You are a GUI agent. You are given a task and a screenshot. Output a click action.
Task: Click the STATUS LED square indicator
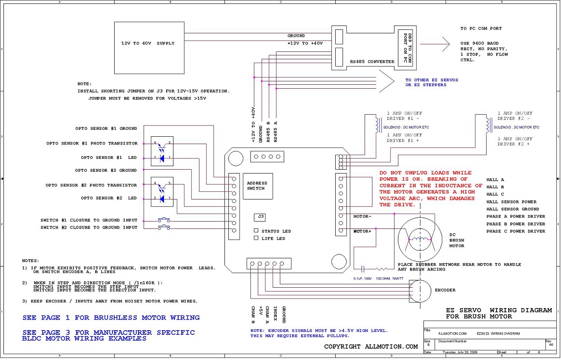pos(256,231)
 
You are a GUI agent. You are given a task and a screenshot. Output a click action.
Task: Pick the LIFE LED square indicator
pos(256,238)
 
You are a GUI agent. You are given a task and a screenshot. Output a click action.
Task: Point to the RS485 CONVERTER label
pos(372,61)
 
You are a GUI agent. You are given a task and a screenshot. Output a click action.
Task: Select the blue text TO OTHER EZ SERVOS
pos(432,80)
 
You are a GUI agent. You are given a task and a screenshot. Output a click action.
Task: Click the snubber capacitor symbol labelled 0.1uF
pos(363,269)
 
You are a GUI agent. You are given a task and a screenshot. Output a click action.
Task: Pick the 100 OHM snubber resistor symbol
pos(381,269)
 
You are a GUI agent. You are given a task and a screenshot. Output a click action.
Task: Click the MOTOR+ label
pos(362,231)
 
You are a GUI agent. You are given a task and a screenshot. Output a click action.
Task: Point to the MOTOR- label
pos(362,216)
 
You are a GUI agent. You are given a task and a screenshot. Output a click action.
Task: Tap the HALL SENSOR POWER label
pos(511,202)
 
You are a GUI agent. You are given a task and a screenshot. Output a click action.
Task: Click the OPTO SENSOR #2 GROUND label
pos(106,170)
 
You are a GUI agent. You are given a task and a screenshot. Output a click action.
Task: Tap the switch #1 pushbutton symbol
pos(164,220)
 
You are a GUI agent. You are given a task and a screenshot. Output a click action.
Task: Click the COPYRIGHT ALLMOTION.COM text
pos(371,347)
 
